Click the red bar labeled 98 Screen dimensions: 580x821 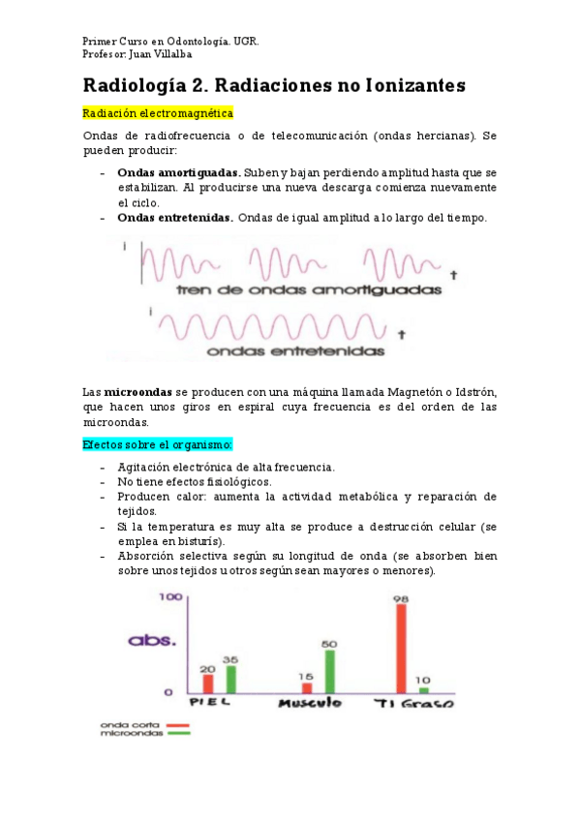(401, 648)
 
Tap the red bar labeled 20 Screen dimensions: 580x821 (208, 683)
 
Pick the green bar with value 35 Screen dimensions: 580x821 (230, 678)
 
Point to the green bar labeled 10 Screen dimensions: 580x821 (423, 689)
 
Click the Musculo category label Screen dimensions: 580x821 (310, 703)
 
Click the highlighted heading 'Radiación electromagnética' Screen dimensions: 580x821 (158, 113)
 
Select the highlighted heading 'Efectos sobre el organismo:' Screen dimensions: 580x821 (157, 444)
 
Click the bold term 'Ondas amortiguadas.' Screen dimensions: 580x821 (178, 172)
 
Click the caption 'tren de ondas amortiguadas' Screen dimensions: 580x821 (308, 289)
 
